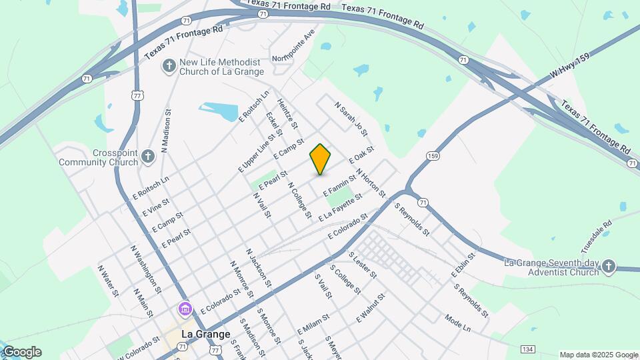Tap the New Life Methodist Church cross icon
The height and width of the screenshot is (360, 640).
click(x=169, y=65)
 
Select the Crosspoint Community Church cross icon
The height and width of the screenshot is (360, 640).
click(x=148, y=157)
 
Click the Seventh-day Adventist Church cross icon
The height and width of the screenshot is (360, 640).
click(x=608, y=267)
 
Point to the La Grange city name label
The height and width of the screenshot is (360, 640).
click(x=207, y=334)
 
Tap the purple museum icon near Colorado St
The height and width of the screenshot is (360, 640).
click(x=185, y=309)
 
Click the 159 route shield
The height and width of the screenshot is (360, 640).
click(x=433, y=156)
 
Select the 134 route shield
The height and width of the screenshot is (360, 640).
click(x=528, y=349)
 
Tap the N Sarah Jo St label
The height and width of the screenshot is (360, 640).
click(x=351, y=117)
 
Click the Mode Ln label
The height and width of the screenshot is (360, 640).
click(x=458, y=324)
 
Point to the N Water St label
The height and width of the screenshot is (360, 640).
click(x=108, y=281)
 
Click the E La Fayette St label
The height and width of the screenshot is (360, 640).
click(x=340, y=207)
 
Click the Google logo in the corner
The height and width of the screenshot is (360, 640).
click(x=21, y=352)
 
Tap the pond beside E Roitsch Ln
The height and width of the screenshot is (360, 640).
click(x=220, y=111)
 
